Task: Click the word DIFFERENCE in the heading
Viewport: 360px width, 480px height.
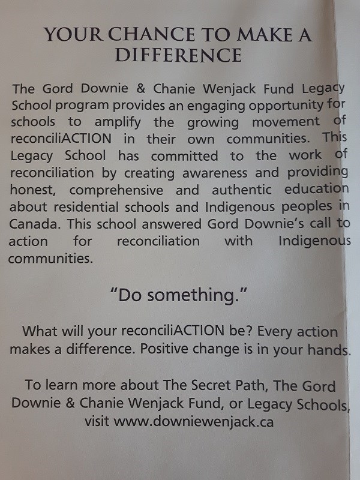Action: click(178, 56)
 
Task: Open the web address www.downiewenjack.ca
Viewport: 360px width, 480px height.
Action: click(194, 422)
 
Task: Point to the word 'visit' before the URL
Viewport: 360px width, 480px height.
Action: click(97, 422)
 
